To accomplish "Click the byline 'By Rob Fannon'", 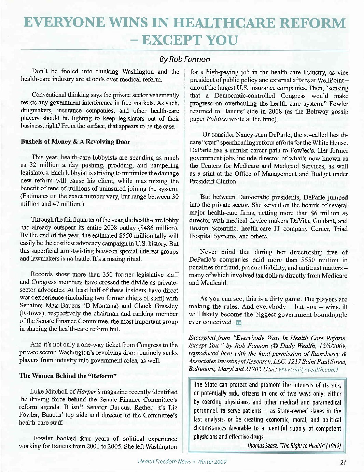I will tap(184, 59).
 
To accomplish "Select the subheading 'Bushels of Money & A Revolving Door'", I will tap(75, 142).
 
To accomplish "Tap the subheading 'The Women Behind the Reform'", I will tap(68, 376).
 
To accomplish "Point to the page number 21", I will tap(343, 462).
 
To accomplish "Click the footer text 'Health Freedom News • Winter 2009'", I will tap(182, 462).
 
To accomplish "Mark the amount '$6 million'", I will tap(314, 213).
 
